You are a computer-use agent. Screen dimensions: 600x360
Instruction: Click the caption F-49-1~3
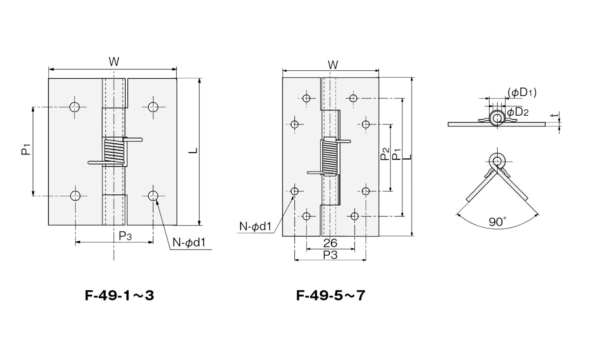120,296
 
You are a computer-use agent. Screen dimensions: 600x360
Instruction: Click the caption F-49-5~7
330,296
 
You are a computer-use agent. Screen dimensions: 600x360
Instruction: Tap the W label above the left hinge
114,62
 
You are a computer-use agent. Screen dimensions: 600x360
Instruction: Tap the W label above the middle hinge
333,65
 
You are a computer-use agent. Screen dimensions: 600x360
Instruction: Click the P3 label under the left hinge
125,236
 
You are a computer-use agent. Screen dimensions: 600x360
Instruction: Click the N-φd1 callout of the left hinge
189,243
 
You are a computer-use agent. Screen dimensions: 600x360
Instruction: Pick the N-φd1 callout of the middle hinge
256,227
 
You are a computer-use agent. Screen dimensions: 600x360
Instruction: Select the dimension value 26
330,243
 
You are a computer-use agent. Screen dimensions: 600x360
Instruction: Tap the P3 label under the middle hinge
330,255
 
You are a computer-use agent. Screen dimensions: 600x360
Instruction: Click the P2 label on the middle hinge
385,154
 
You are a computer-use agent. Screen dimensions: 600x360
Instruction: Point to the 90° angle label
498,222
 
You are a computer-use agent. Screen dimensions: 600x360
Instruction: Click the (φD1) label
522,93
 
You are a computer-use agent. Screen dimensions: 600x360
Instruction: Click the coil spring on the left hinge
114,151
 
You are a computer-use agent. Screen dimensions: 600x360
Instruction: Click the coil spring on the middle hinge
329,157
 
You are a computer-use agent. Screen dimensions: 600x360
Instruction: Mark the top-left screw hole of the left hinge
75,107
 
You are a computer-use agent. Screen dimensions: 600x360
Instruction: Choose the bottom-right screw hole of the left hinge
153,196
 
